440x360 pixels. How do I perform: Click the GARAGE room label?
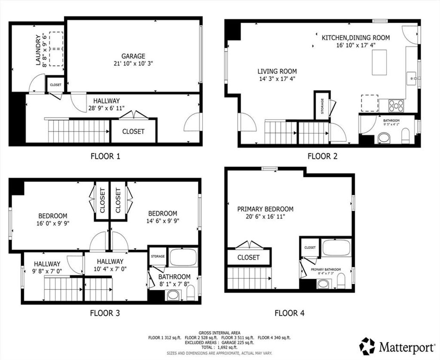pos(133,56)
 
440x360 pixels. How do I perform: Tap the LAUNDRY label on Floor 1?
pos(38,50)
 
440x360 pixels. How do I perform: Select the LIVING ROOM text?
pos(277,72)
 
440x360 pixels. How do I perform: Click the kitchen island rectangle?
pos(379,62)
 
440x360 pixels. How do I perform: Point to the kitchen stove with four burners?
pos(396,106)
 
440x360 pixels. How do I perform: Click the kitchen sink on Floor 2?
pos(412,78)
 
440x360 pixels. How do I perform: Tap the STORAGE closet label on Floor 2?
pos(322,106)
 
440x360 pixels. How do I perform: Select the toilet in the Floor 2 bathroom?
pos(406,136)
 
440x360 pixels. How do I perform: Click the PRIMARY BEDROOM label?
pos(265,209)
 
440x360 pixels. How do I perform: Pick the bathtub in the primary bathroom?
pos(336,247)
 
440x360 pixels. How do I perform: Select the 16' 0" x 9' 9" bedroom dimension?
pos(53,223)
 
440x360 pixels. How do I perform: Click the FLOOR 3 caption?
pos(105,313)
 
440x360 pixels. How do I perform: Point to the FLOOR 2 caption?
pos(322,156)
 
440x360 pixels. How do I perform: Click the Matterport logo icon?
pos(368,346)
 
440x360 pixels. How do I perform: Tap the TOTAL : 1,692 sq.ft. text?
pos(220,348)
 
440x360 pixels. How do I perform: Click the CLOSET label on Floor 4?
pos(248,257)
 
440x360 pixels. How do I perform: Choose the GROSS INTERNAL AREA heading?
pos(220,333)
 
